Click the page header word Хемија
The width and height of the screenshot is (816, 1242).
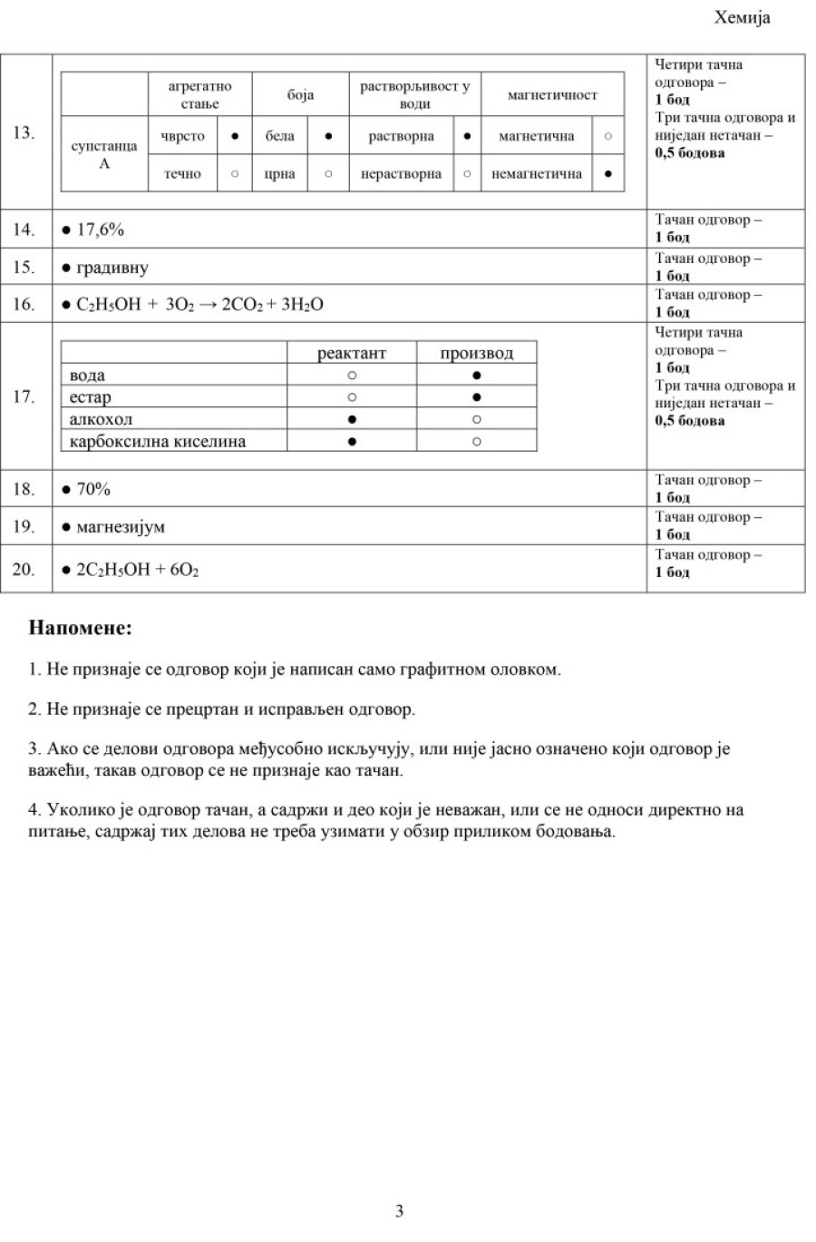(743, 18)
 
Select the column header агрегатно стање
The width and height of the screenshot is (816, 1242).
(199, 94)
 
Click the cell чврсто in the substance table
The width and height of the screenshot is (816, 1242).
(183, 136)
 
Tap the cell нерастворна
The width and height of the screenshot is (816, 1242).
(401, 173)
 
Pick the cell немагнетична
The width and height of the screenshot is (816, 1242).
(537, 173)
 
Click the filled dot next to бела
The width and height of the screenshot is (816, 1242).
(328, 136)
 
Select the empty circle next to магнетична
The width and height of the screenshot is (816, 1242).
(607, 136)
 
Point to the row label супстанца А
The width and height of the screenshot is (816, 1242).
(104, 154)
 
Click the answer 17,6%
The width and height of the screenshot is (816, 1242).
(100, 230)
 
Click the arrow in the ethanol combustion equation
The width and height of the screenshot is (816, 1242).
(208, 305)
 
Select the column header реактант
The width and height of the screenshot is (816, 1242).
(352, 353)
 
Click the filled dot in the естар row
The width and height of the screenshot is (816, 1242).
(477, 397)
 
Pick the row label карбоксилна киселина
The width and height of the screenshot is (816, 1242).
(158, 442)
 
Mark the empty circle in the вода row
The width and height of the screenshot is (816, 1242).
(352, 375)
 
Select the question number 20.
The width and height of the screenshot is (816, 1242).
(24, 570)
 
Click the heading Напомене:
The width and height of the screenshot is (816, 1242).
(80, 627)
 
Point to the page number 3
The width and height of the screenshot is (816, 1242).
(400, 1211)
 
